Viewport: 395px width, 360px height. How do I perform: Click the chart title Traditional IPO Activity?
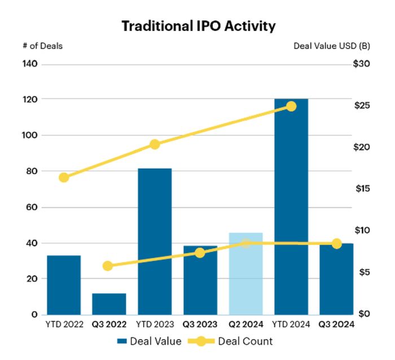pyautogui.click(x=199, y=26)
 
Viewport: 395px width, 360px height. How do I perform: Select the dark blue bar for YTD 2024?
pyautogui.click(x=291, y=207)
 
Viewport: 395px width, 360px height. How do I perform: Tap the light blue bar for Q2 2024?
pyautogui.click(x=245, y=274)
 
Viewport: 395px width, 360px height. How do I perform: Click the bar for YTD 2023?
pyautogui.click(x=155, y=241)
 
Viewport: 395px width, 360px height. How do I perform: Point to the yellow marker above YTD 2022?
pyautogui.click(x=64, y=177)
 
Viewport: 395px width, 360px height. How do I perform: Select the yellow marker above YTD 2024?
pyautogui.click(x=291, y=106)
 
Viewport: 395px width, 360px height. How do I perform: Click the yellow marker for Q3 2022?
pyautogui.click(x=108, y=266)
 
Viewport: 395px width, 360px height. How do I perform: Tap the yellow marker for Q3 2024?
pyautogui.click(x=337, y=244)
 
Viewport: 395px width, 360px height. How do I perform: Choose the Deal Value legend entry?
pyautogui.click(x=150, y=341)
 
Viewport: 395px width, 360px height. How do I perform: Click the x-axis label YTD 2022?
pyautogui.click(x=64, y=324)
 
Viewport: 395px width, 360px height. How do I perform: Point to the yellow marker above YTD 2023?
pyautogui.click(x=155, y=144)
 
